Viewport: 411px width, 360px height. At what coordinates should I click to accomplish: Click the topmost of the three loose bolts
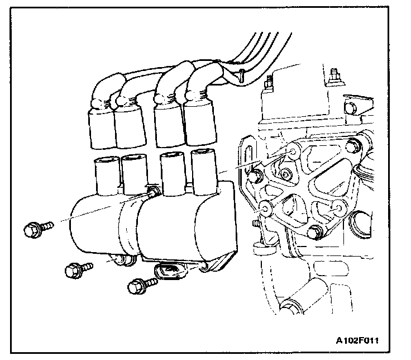coord(37,228)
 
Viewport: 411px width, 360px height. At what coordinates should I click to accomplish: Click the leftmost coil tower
coord(106,173)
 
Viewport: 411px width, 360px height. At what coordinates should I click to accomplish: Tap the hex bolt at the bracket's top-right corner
coord(351,146)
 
